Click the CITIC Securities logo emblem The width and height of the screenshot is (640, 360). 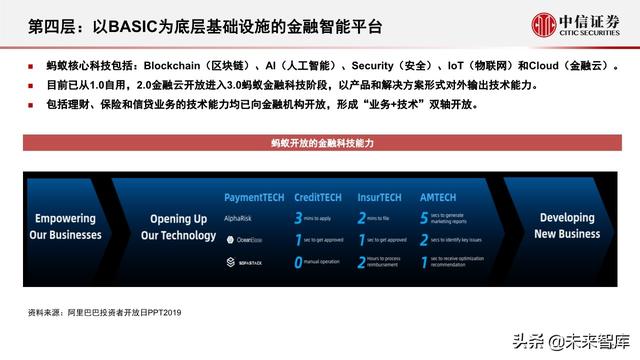click(x=544, y=25)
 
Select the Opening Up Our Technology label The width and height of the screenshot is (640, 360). click(x=178, y=227)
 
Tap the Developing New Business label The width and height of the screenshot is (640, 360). click(x=566, y=226)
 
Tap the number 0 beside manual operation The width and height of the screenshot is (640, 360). click(x=299, y=262)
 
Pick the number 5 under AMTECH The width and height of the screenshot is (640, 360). click(x=424, y=217)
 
